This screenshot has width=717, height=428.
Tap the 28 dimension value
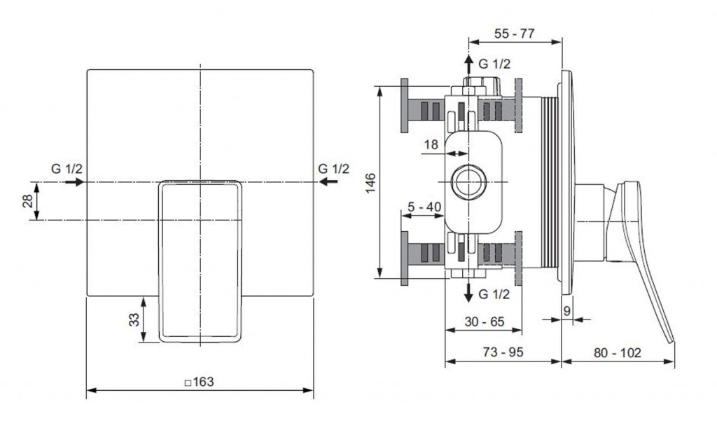pos(28,201)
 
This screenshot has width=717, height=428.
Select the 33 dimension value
pos(134,319)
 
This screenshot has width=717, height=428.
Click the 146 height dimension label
pos(370,182)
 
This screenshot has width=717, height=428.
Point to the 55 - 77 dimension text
pos(515,34)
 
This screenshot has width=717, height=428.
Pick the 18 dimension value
pos(431,144)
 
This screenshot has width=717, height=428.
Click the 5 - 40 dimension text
pos(424,207)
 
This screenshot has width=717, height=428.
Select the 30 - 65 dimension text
pos(485,322)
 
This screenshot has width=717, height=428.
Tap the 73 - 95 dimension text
pos(503,352)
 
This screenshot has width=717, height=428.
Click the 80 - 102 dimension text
pos(618,352)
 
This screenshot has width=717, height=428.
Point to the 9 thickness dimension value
pos(567,311)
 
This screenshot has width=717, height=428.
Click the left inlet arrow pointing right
pos(74,182)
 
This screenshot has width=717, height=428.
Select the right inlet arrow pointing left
pos(328,181)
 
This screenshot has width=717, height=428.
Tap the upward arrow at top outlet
pos(468,64)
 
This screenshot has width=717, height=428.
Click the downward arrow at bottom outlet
pos(468,292)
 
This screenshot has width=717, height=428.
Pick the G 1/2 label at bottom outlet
pos(494,294)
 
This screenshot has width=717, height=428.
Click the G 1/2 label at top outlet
pos(494,64)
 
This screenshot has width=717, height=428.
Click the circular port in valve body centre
pos(468,181)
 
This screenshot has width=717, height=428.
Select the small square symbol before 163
pos(188,383)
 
